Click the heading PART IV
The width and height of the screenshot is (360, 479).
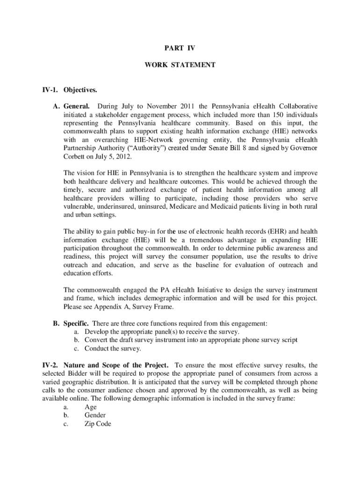(x=180, y=48)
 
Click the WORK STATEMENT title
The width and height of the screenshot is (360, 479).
(x=180, y=65)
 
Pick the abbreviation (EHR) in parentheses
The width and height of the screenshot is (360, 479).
(x=282, y=231)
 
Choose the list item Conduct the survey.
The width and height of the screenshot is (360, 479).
(x=113, y=348)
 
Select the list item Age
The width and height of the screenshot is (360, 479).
(x=91, y=407)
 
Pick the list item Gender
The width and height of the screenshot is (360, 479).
(x=95, y=416)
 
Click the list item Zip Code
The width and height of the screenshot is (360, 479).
(x=98, y=424)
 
